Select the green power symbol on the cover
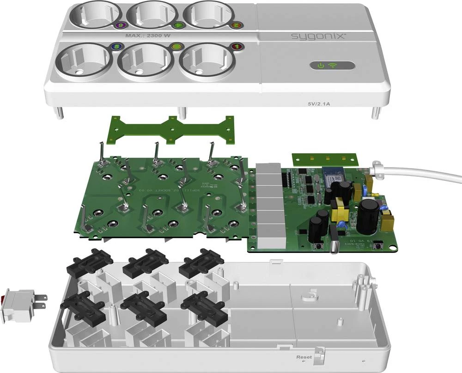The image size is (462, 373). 321,66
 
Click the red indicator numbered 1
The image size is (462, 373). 236,46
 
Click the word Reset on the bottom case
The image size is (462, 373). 304,357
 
